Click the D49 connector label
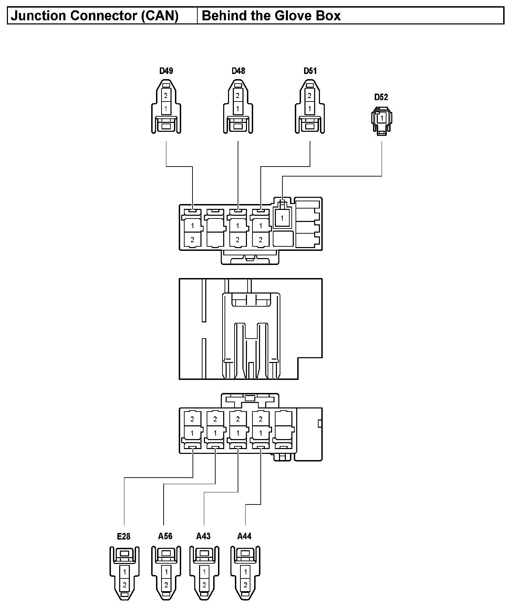(x=166, y=71)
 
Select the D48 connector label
(x=238, y=71)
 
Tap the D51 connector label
(x=310, y=71)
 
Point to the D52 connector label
(x=381, y=97)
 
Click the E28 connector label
(x=124, y=536)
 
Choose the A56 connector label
(x=165, y=536)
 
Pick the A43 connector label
(x=203, y=536)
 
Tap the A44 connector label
(x=244, y=536)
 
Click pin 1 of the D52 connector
(x=382, y=118)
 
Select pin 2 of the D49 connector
(x=166, y=96)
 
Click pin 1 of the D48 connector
(x=238, y=109)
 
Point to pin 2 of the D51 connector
(x=309, y=96)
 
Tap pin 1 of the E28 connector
(x=125, y=572)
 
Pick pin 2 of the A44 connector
(x=245, y=585)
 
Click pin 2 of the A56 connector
(x=166, y=585)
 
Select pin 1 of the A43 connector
(x=204, y=572)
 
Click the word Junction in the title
(x=38, y=16)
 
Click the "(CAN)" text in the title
(x=160, y=16)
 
